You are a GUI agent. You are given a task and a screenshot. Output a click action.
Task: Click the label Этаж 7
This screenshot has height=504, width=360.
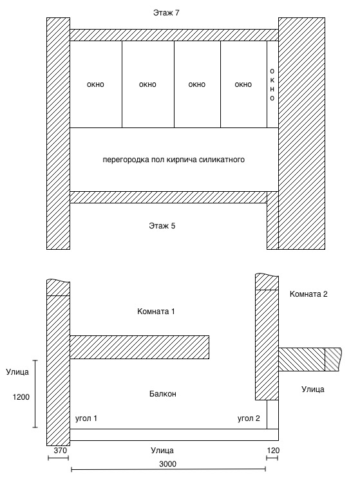click(166, 13)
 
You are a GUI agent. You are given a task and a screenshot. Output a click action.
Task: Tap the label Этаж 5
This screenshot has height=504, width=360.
click(162, 226)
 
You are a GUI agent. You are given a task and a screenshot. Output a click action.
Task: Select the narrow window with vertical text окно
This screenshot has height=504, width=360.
click(272, 84)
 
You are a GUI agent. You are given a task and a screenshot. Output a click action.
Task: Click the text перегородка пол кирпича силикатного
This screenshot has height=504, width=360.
click(174, 160)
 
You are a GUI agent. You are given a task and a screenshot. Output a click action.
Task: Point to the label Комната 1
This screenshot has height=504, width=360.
click(156, 311)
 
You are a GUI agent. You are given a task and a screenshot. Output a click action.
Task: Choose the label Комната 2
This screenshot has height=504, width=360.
click(308, 294)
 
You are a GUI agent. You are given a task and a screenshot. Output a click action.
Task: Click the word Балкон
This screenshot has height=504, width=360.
click(163, 394)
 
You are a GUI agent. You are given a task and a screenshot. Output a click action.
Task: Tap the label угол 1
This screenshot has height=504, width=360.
click(86, 418)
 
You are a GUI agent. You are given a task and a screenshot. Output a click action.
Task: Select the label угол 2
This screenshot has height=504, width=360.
click(249, 418)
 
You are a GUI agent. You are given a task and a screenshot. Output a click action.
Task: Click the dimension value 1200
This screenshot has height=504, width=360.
click(21, 397)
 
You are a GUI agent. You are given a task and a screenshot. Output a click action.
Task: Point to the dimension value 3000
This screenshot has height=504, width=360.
click(167, 464)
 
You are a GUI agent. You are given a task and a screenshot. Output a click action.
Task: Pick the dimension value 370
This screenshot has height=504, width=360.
click(60, 451)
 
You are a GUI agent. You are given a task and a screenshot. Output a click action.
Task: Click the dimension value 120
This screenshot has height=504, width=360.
click(273, 451)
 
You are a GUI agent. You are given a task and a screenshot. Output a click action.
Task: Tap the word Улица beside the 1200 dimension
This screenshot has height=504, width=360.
click(17, 372)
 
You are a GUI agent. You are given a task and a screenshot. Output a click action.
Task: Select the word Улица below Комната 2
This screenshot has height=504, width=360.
click(313, 389)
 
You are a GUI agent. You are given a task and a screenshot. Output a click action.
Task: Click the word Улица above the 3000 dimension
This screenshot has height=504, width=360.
click(162, 451)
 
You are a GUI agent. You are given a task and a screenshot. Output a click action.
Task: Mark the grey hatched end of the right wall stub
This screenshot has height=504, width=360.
click(333, 359)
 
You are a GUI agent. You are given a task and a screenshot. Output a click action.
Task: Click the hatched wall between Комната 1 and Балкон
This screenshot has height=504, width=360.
click(139, 347)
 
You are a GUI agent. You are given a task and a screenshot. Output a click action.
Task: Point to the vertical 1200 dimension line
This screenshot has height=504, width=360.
click(35, 394)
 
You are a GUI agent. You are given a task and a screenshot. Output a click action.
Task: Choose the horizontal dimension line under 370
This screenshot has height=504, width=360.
click(58, 458)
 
